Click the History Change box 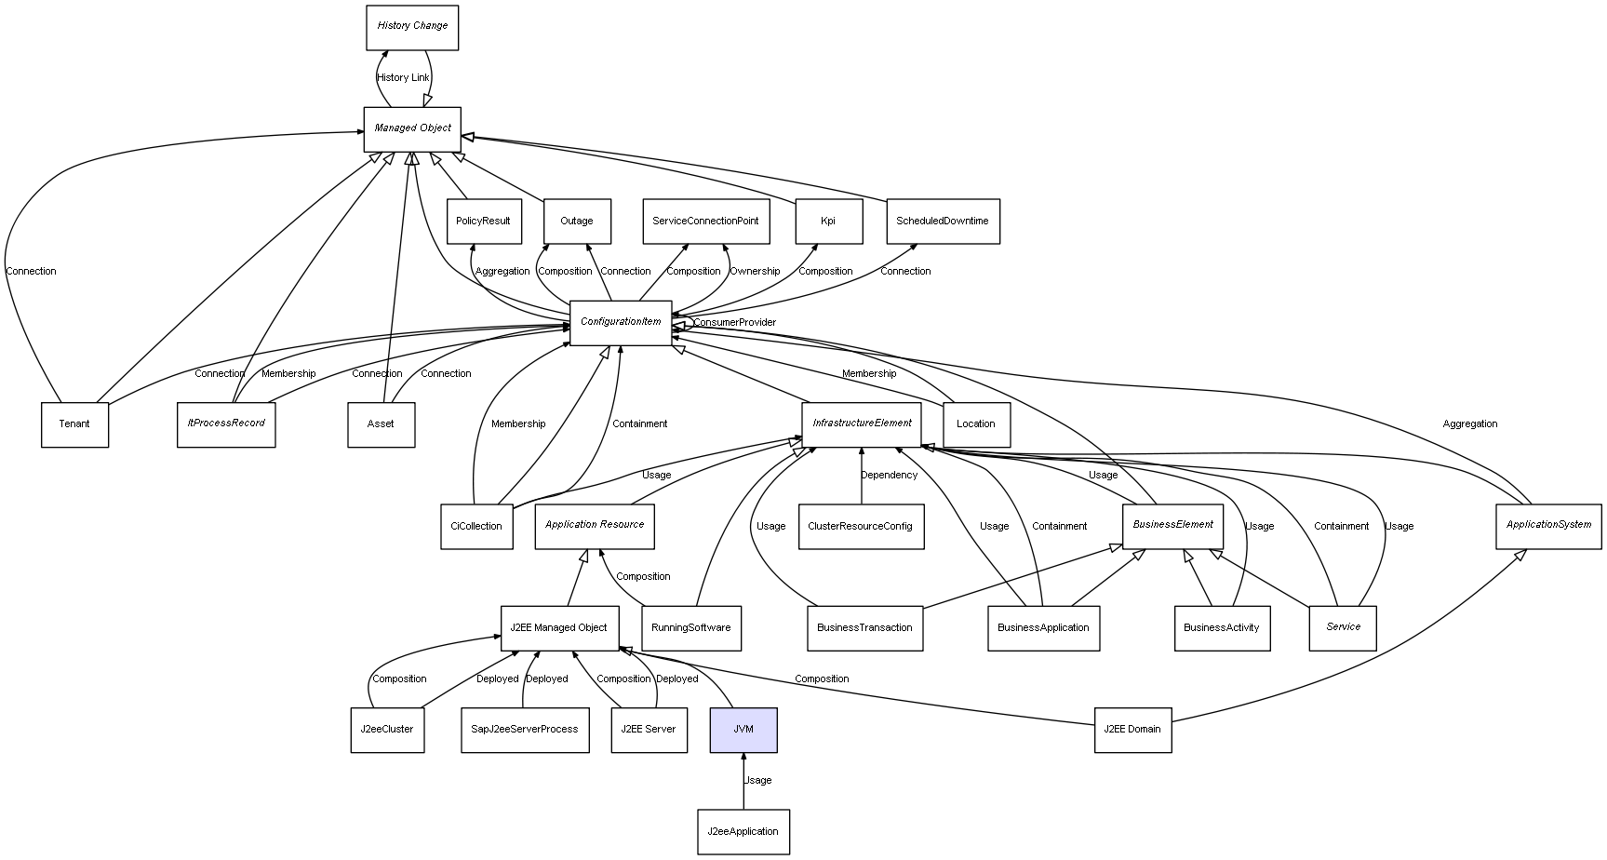point(412,27)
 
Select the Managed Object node point(412,128)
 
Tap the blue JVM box point(743,730)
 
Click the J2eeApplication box point(743,832)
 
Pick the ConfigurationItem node point(621,322)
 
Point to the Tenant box point(74,424)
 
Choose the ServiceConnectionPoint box point(705,222)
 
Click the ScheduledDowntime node point(943,222)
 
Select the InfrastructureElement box point(862,423)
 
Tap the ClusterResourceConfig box point(861,527)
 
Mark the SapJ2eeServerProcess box point(525,730)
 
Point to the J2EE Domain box point(1132,730)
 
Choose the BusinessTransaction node point(864,628)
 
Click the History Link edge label point(403,78)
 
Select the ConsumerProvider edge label point(734,323)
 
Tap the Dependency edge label point(889,476)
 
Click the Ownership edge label point(755,272)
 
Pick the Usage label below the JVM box point(758,781)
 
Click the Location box point(976,424)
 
